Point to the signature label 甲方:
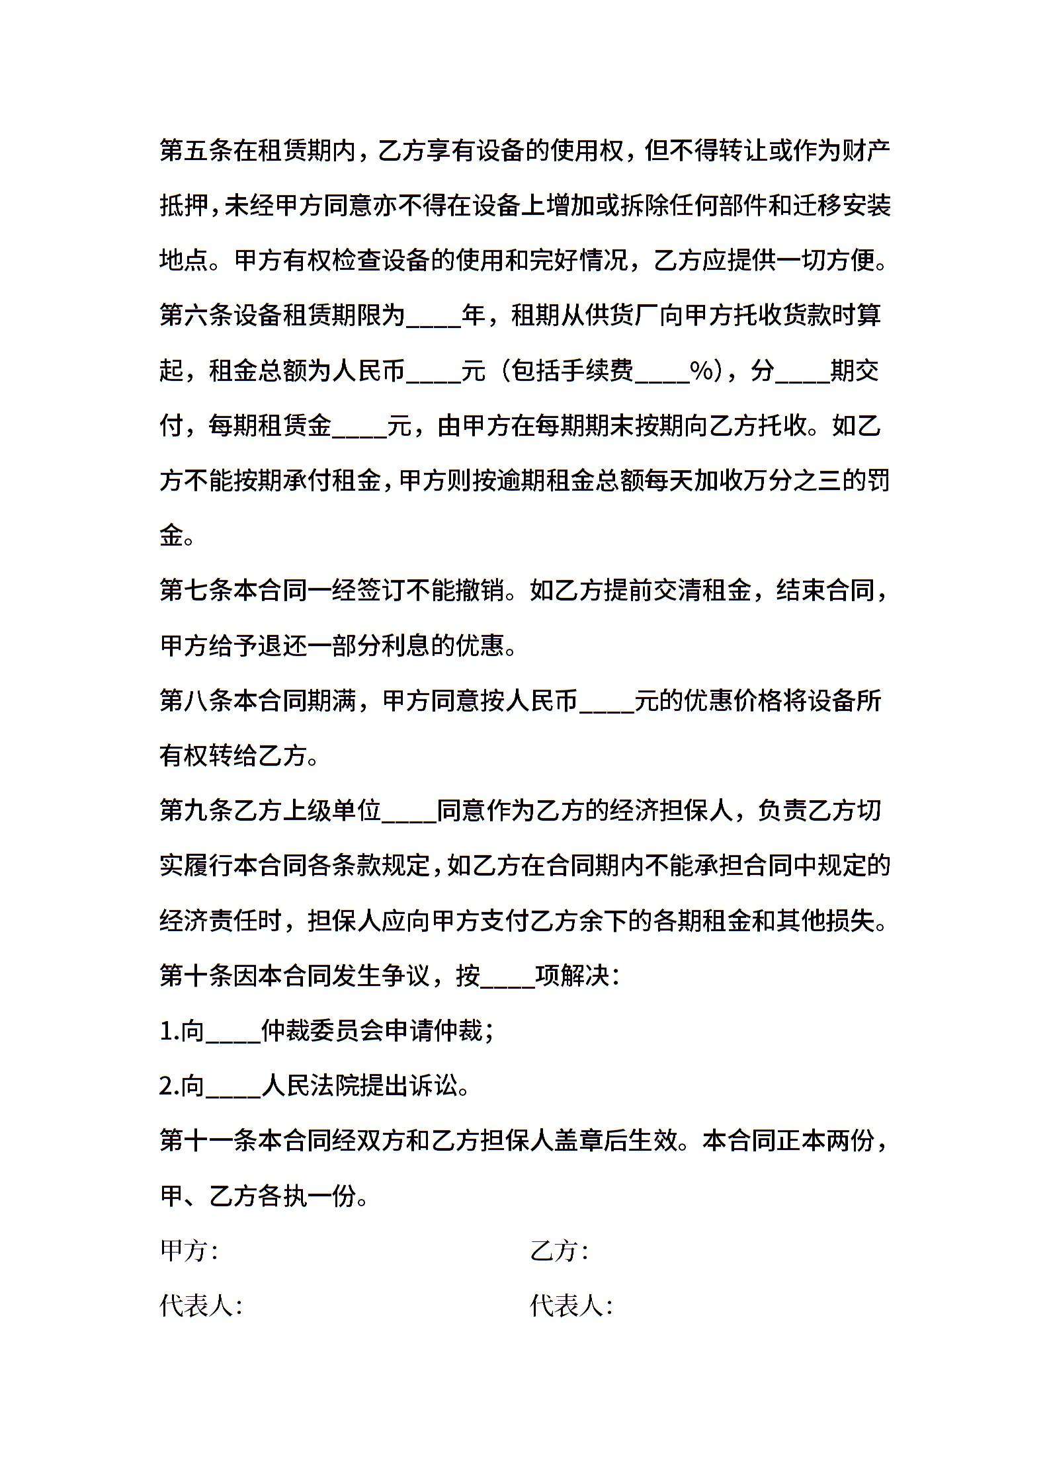pos(189,1251)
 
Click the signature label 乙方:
pos(559,1251)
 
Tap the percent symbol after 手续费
pos(702,370)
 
